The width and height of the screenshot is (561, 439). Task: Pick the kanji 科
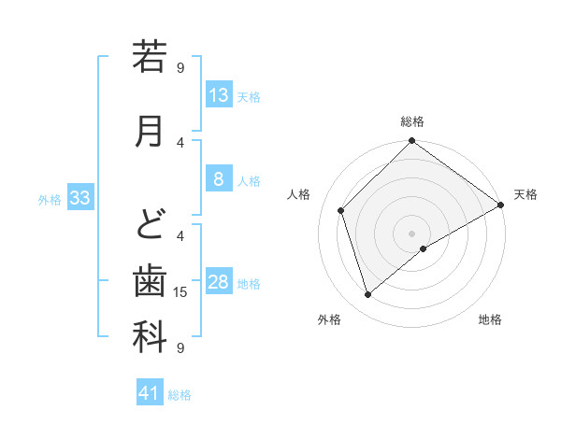point(150,337)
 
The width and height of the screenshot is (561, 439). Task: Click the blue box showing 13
point(219,95)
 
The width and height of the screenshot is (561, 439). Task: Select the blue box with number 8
point(219,179)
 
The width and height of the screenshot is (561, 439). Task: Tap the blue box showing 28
point(219,283)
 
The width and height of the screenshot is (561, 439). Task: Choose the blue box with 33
point(79,198)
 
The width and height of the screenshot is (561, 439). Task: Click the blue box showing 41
point(150,393)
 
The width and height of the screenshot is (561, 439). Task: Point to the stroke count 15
point(181,292)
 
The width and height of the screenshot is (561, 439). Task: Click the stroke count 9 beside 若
point(180,67)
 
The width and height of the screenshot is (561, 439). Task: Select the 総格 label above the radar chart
point(411,121)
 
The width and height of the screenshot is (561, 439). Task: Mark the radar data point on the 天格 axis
point(500,205)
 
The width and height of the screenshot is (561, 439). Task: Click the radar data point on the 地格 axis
point(424,248)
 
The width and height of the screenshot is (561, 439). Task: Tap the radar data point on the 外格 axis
point(367,295)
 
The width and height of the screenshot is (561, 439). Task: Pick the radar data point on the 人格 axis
point(341,210)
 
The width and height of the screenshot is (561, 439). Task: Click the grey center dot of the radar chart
point(411,233)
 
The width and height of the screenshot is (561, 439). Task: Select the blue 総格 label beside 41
point(180,395)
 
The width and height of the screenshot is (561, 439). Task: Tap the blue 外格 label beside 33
point(50,199)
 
